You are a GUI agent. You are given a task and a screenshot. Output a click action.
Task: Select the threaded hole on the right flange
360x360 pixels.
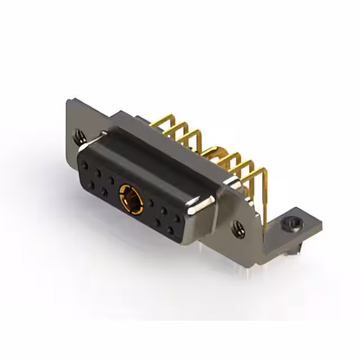click(238, 227)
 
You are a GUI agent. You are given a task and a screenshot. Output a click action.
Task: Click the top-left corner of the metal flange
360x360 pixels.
click(69, 102)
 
